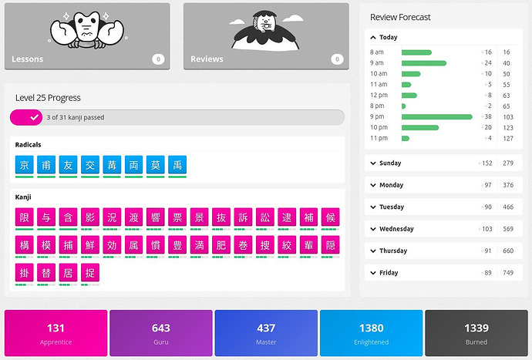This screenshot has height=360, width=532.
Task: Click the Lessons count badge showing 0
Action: tap(158, 59)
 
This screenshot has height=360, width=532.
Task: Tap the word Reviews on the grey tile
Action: tap(207, 59)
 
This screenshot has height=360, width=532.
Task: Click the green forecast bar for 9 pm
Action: tap(436, 116)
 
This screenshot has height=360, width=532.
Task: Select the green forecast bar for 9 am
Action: tap(423, 63)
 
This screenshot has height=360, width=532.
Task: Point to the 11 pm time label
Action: tap(379, 138)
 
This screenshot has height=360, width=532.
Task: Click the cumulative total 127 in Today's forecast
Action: tap(507, 138)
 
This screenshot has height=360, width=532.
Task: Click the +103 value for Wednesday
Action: tap(485, 229)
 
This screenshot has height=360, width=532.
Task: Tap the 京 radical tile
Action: tap(25, 164)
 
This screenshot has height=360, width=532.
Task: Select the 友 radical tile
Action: tap(68, 164)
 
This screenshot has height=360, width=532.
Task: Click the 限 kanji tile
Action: tap(25, 217)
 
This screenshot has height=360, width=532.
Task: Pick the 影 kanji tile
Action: tap(90, 217)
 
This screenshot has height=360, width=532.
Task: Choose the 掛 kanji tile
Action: tap(25, 273)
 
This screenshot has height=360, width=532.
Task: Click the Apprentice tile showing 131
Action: tap(56, 334)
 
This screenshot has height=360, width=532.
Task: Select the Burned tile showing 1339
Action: tap(476, 334)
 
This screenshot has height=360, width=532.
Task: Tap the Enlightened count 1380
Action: tap(371, 328)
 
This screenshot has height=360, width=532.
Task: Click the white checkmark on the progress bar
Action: tap(34, 117)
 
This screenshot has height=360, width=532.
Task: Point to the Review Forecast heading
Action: tap(400, 17)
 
